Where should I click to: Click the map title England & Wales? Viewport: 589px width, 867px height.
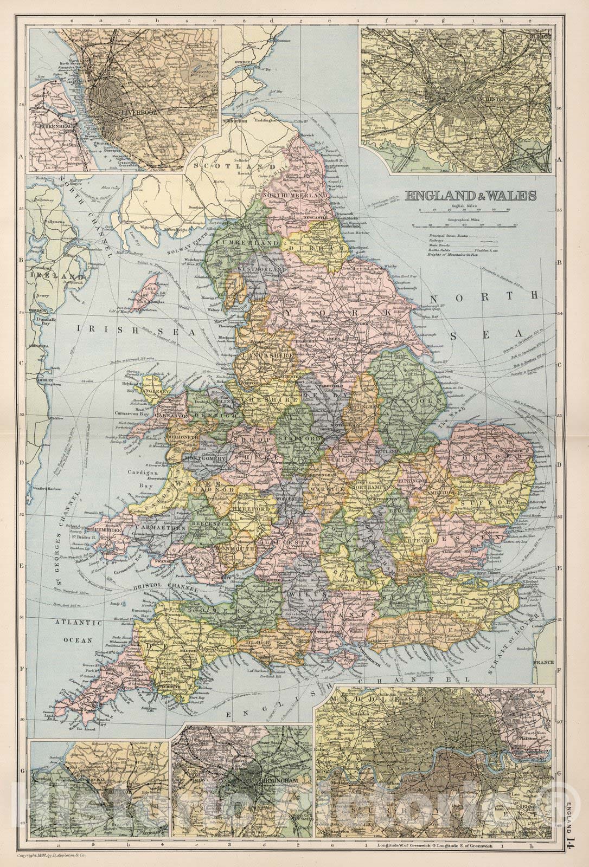click(471, 196)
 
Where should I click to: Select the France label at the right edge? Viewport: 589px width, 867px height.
click(544, 663)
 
